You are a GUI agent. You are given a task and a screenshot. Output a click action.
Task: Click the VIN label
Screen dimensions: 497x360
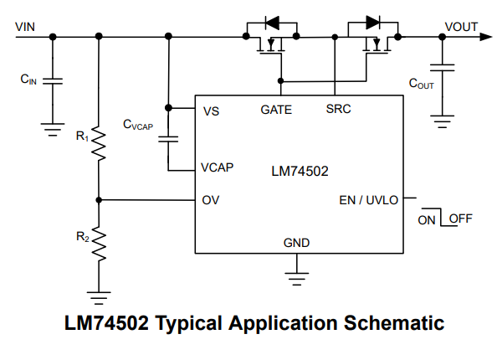pos(25,27)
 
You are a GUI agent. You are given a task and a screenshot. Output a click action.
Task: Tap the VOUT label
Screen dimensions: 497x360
pos(461,27)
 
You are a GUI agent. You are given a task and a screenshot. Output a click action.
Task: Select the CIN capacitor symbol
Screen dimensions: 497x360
pos(53,81)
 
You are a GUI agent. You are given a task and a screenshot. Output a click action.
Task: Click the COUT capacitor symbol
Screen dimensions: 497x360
pos(442,68)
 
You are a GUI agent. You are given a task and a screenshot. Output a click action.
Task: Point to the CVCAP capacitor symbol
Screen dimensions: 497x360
pos(168,139)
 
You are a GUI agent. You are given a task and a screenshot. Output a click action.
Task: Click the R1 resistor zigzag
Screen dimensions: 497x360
pos(99,143)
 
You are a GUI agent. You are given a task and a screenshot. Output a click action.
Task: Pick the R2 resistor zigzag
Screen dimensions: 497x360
pos(99,244)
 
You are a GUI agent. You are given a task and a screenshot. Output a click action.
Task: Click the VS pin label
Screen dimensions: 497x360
pos(211,111)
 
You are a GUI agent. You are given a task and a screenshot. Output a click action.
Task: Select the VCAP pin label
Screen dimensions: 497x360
pos(217,167)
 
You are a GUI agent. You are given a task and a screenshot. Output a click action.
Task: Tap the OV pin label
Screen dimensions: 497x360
pos(211,200)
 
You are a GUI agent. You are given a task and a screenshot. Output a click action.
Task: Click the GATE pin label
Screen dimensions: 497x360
pos(276,110)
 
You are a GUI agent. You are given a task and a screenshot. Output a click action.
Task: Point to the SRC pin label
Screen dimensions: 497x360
pos(338,109)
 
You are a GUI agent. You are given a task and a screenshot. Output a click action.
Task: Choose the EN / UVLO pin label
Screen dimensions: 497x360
pos(369,200)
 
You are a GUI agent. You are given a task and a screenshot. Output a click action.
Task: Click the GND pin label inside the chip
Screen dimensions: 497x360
pos(296,243)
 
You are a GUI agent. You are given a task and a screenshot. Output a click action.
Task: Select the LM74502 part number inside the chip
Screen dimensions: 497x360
pos(300,171)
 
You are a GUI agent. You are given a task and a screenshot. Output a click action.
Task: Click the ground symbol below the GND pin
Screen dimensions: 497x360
pos(297,279)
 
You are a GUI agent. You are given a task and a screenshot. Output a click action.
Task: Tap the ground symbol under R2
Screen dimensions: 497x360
pos(99,298)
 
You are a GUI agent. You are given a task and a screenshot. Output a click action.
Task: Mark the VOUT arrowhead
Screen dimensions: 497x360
pos(486,37)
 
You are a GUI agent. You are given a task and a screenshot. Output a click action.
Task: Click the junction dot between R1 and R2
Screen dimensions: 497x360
pos(99,200)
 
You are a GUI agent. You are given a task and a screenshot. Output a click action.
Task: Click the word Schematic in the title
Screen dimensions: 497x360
pos(394,323)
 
